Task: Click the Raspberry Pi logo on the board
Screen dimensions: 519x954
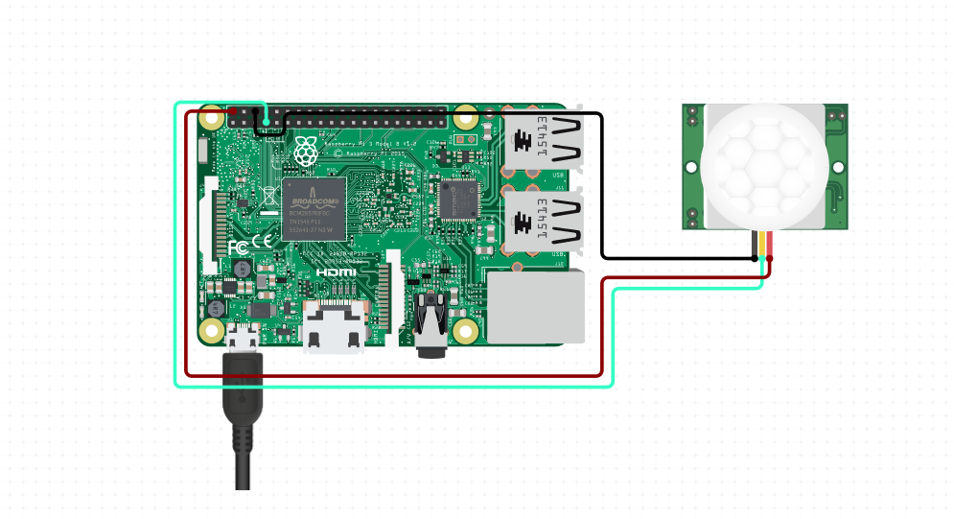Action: (x=306, y=152)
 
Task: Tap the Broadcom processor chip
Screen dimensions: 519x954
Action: (x=314, y=208)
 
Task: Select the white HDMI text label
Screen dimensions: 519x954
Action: (x=337, y=273)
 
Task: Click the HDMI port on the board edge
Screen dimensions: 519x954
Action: (x=334, y=326)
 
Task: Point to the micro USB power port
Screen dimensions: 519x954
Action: (x=242, y=335)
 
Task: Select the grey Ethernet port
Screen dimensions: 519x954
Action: (x=535, y=305)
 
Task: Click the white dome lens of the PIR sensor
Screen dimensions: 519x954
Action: (x=764, y=163)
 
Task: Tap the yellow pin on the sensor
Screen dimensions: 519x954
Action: (x=762, y=245)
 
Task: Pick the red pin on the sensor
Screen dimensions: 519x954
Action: (x=770, y=245)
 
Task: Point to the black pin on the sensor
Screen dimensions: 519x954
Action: (x=755, y=245)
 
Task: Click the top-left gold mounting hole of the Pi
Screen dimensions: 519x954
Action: (x=214, y=117)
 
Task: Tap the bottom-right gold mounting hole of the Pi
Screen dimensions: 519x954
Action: (x=466, y=332)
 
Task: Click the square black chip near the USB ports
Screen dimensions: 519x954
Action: (x=459, y=199)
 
